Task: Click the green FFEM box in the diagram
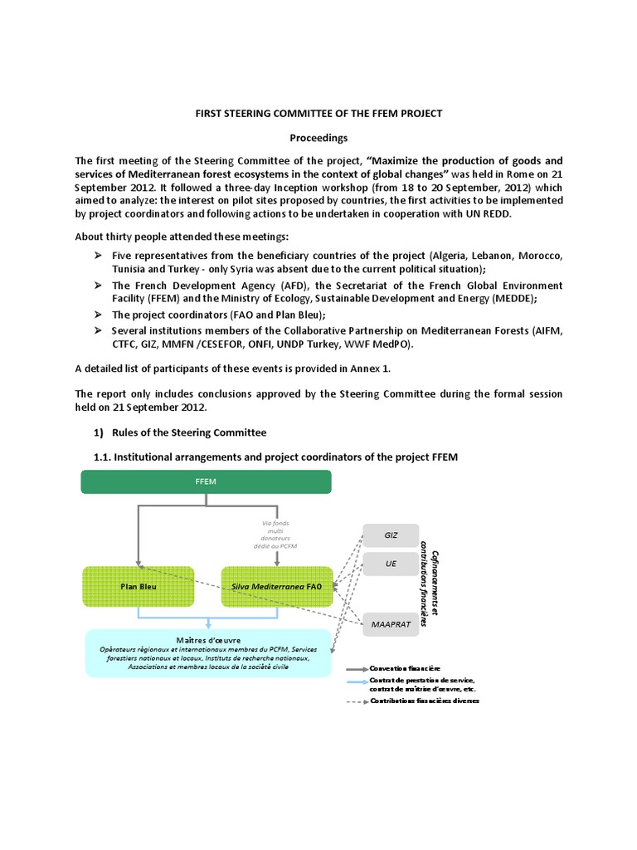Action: pyautogui.click(x=206, y=481)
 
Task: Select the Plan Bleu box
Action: pyautogui.click(x=139, y=586)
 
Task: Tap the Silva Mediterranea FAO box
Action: pyautogui.click(x=277, y=586)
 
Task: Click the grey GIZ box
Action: pyautogui.click(x=391, y=535)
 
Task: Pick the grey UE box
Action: pyautogui.click(x=391, y=564)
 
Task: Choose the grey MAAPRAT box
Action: pyautogui.click(x=391, y=623)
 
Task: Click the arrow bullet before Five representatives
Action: pyautogui.click(x=98, y=254)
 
